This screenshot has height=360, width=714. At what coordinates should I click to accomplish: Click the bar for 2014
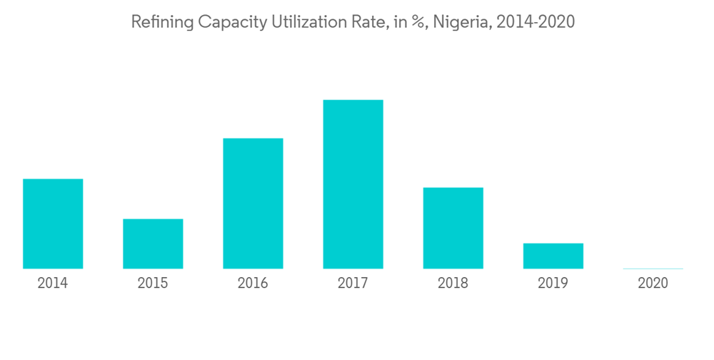(53, 224)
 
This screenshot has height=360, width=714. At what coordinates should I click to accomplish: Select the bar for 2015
(153, 244)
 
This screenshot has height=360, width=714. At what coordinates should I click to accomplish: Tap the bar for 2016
(253, 204)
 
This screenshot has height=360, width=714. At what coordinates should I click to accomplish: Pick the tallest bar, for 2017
(353, 184)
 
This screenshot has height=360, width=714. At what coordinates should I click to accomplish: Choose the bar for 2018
(453, 228)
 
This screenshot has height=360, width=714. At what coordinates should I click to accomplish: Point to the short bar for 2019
(553, 256)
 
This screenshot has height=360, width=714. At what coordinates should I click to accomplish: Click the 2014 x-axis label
(53, 284)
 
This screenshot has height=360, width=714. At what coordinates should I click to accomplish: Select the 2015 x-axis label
(153, 284)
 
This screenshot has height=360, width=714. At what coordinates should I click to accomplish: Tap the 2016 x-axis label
(253, 284)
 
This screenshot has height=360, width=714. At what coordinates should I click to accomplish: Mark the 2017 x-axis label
(353, 284)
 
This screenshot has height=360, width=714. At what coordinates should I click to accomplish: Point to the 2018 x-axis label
(453, 284)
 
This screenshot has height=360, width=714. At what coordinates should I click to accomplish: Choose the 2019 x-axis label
(553, 284)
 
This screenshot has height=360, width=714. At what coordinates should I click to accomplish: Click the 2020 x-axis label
(653, 284)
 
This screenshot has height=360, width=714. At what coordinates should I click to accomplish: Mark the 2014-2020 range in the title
(535, 22)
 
